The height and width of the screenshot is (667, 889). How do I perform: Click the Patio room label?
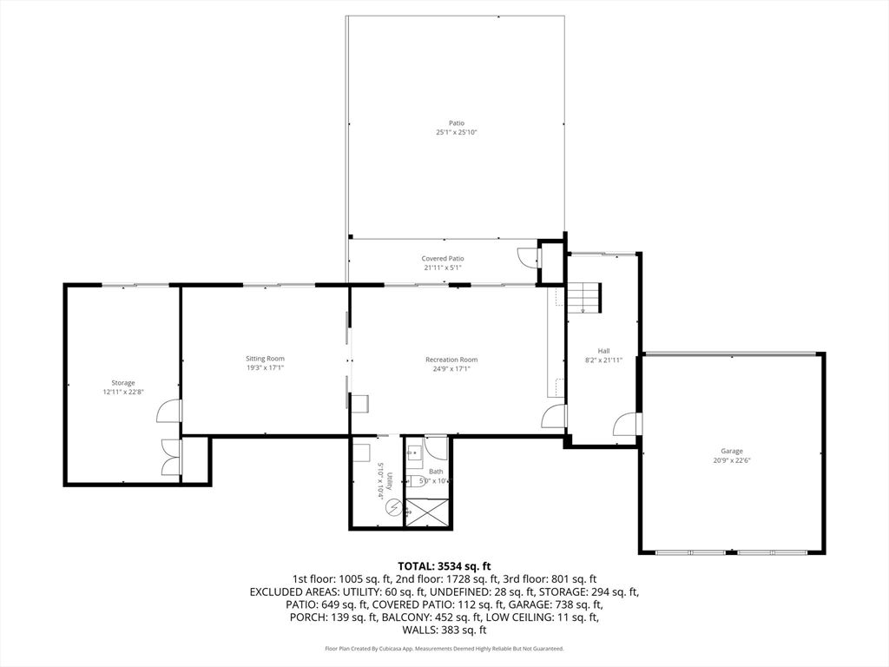tap(457, 123)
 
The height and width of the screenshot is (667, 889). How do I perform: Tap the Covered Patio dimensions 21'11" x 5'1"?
tap(442, 267)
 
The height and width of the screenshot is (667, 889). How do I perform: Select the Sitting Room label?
tap(266, 359)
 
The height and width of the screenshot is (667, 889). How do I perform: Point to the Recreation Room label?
tap(451, 360)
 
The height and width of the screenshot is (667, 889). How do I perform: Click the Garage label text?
tap(731, 452)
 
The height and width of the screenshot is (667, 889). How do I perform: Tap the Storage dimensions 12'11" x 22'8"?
tap(123, 392)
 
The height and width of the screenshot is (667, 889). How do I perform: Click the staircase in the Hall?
tap(584, 298)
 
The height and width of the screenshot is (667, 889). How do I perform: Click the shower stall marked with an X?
tap(426, 511)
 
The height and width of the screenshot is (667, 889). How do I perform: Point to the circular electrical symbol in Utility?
tap(392, 506)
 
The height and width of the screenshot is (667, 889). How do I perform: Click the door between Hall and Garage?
tap(627, 424)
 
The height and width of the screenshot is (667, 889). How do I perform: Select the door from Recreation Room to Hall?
tap(554, 416)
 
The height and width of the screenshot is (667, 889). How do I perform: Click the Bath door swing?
tap(437, 447)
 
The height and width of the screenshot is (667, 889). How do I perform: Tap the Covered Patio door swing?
tap(529, 257)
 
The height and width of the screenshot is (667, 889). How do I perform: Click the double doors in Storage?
tap(171, 457)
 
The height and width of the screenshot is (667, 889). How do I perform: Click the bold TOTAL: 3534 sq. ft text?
tap(444, 566)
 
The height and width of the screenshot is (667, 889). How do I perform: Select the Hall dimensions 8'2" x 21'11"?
tap(604, 360)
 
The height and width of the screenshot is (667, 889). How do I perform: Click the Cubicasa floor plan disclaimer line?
tap(444, 648)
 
